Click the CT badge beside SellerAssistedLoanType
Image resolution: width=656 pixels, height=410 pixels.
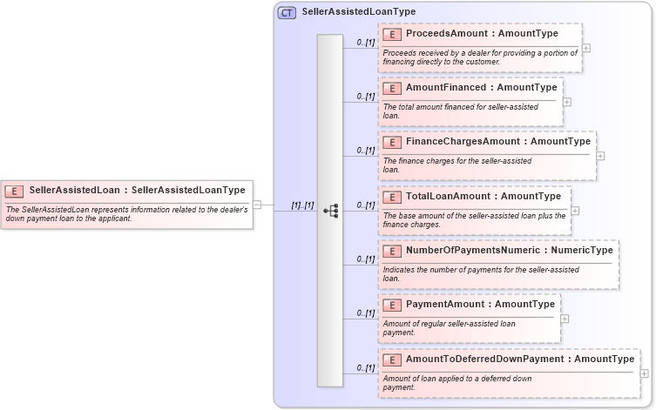pos(287,12)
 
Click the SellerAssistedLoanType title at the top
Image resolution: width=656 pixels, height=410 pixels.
pos(358,12)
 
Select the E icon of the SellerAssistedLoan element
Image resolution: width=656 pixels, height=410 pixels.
pos(14,190)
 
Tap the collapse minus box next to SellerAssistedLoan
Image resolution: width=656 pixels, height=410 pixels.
pos(257,205)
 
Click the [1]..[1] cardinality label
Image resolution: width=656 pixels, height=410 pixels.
pos(302,205)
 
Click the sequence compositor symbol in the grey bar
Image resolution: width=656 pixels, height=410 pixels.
pos(330,211)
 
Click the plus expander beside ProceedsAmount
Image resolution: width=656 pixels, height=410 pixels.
pos(586,49)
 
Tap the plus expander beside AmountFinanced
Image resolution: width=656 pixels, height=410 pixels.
pos(567,102)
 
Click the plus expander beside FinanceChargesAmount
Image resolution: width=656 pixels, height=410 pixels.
pos(600,156)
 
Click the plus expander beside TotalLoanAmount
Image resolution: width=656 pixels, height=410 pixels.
pos(575,211)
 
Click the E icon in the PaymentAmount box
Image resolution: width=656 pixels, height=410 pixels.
pos(392,305)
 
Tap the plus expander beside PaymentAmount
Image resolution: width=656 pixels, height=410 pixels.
pos(565,319)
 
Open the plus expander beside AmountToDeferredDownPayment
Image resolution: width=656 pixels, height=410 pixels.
pos(645,373)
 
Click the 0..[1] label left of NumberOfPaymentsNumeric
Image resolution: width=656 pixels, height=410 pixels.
pos(365,259)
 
